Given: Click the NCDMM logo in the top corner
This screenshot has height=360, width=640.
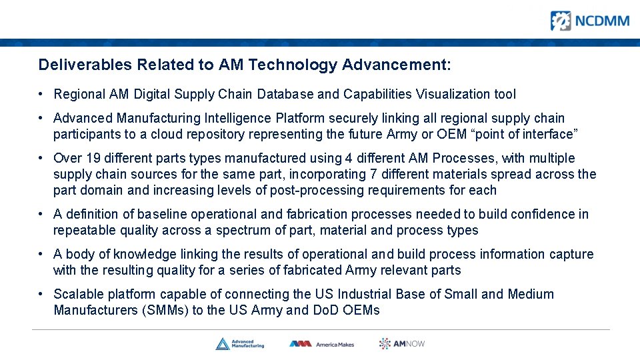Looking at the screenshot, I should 589,21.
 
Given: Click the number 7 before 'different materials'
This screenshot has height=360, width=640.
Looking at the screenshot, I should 372,174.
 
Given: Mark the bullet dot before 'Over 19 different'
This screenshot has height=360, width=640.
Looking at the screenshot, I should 41,159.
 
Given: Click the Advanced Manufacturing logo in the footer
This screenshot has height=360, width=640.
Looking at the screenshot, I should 239,343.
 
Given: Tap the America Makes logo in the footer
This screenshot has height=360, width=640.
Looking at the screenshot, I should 321,343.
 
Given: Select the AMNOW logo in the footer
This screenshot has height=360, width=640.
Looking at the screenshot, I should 402,343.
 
